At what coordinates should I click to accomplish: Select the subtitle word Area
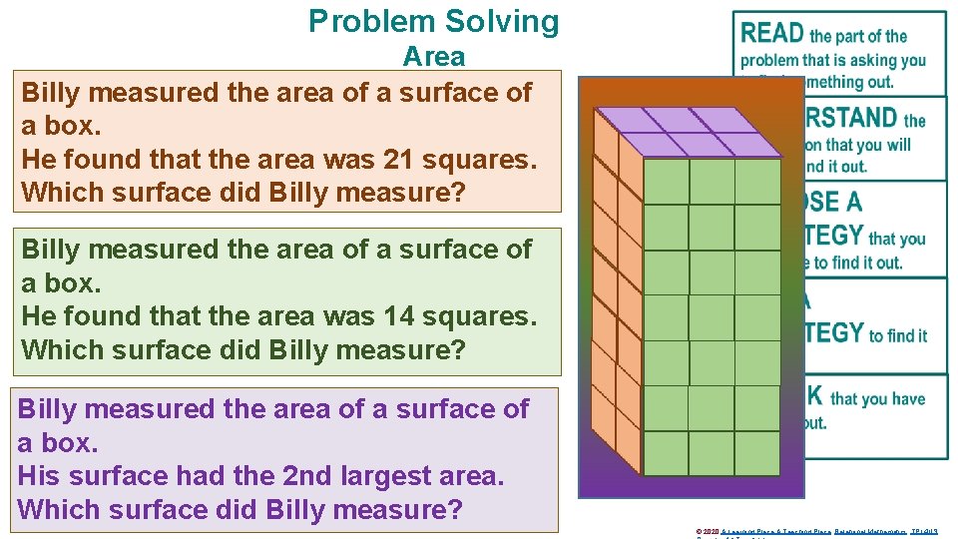(x=434, y=57)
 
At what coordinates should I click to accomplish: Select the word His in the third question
(x=39, y=476)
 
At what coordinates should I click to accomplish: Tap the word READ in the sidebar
(x=772, y=33)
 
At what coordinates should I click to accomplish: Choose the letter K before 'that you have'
(x=814, y=396)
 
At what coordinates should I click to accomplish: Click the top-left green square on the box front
(x=666, y=182)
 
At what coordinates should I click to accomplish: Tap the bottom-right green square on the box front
(x=757, y=453)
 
